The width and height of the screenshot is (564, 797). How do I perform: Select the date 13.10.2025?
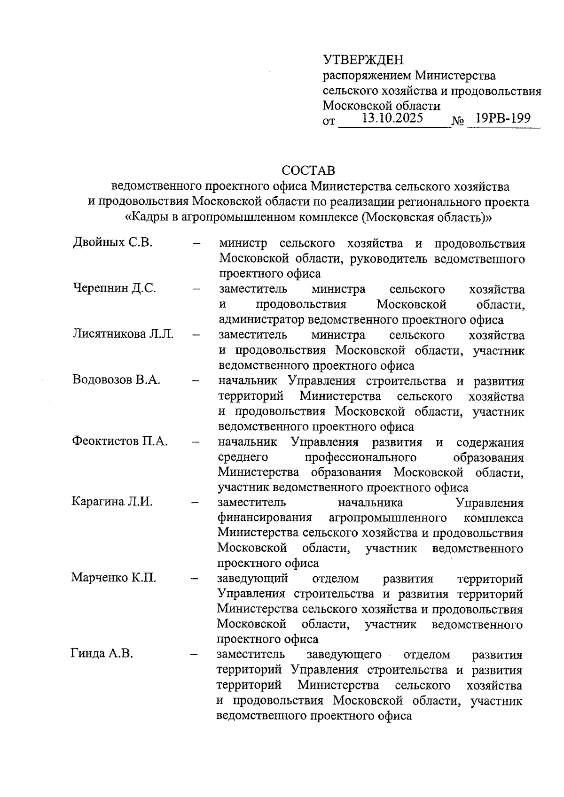tap(393, 118)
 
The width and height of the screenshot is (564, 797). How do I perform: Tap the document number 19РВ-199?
tap(503, 118)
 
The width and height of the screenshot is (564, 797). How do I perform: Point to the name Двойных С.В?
tap(113, 243)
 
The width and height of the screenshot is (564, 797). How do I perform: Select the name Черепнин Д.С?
tap(114, 288)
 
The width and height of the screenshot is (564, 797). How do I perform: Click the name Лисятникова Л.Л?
tap(123, 334)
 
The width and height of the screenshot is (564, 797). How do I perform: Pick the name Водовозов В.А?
tap(117, 379)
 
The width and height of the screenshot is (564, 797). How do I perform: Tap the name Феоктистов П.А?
tap(120, 441)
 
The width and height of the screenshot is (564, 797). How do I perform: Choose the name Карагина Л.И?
tap(112, 502)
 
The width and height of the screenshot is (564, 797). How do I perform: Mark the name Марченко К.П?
tap(114, 577)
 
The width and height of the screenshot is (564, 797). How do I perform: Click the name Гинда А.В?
tap(102, 653)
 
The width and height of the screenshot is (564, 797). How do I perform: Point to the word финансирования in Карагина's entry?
tap(265, 518)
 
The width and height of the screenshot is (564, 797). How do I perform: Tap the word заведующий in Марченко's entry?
tap(252, 578)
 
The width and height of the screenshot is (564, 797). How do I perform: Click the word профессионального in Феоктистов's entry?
tap(360, 457)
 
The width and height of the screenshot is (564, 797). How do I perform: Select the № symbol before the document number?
tap(457, 122)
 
